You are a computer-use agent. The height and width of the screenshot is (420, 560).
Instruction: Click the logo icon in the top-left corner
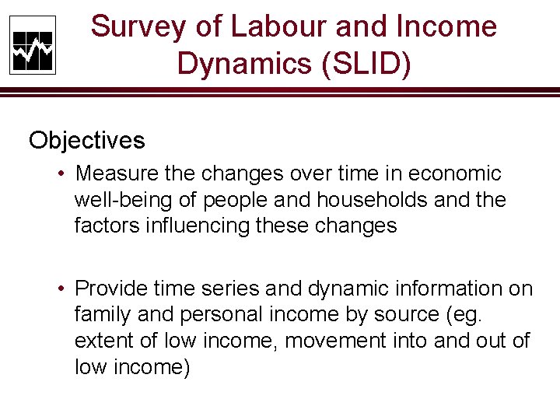32,45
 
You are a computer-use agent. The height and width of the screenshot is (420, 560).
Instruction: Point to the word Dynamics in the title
241,63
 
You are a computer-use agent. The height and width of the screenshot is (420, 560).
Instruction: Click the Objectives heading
87,141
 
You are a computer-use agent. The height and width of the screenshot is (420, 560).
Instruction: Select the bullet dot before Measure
61,173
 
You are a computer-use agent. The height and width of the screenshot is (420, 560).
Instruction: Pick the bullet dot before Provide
61,289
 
